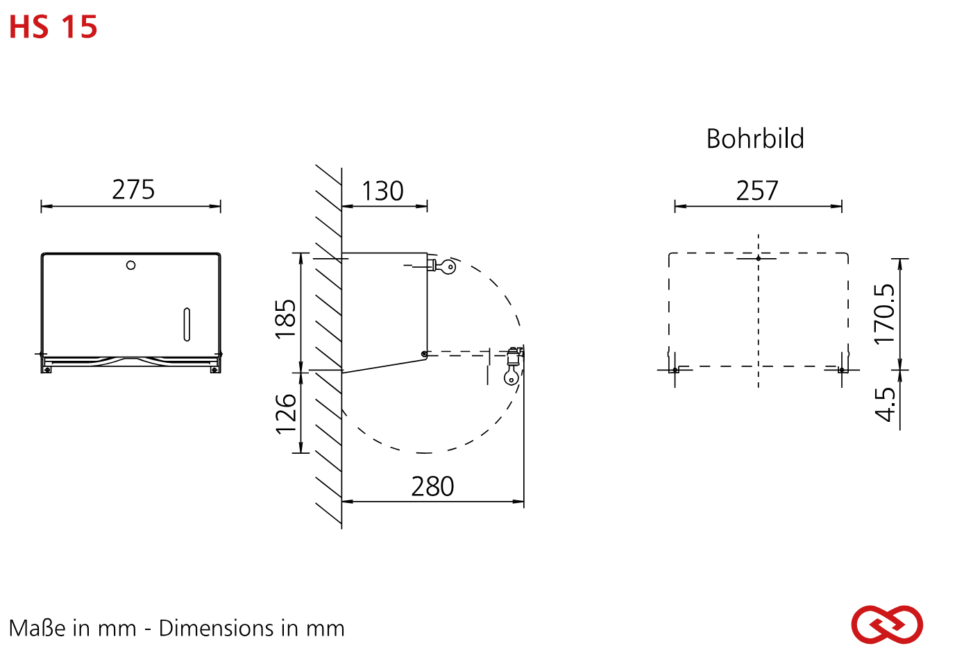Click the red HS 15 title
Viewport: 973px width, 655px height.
point(53,27)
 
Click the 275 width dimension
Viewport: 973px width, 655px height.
point(133,190)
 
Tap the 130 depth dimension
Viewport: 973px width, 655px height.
point(382,191)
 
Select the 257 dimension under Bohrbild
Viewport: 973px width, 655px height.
point(757,191)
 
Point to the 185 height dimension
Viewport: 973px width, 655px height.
point(286,318)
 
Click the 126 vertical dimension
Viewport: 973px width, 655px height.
point(286,414)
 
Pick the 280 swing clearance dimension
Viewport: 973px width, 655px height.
point(432,486)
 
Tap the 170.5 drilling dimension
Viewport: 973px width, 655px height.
point(885,314)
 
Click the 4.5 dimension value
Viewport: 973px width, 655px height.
point(885,405)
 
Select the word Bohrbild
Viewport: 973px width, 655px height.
point(755,139)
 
